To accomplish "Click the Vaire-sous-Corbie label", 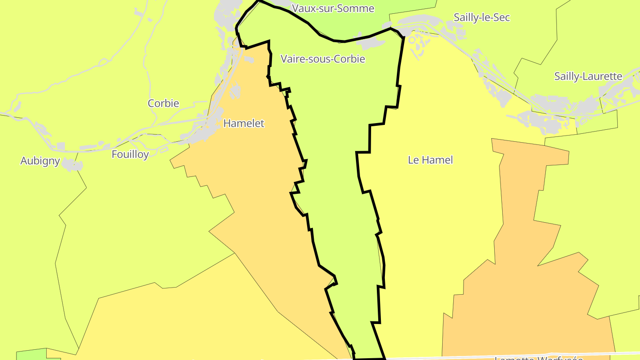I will pyautogui.click(x=323, y=59).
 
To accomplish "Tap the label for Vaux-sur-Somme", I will pyautogui.click(x=333, y=8).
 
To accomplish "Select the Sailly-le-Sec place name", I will pyautogui.click(x=481, y=17).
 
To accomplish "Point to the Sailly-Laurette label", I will pyautogui.click(x=588, y=76).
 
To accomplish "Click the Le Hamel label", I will pyautogui.click(x=430, y=160).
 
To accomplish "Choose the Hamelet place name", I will pyautogui.click(x=244, y=123).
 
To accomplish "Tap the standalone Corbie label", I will pyautogui.click(x=163, y=103).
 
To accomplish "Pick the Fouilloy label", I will pyautogui.click(x=130, y=154).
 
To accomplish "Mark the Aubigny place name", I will pyautogui.click(x=40, y=160).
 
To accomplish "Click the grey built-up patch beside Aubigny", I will pyautogui.click(x=72, y=165).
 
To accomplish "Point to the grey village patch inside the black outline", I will pyautogui.click(x=372, y=44).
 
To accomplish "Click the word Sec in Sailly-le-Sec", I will pyautogui.click(x=501, y=17).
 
